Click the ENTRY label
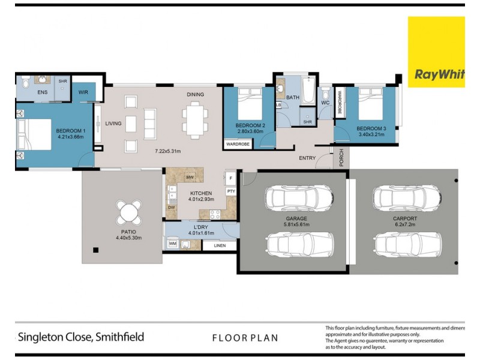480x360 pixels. click(307, 158)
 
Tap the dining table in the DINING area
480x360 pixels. click(193, 119)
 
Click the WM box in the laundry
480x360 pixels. click(172, 244)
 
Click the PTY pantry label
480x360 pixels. click(231, 191)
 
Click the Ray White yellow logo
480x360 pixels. click(436, 52)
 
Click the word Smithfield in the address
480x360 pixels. click(119, 337)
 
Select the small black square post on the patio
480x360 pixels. click(94, 250)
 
